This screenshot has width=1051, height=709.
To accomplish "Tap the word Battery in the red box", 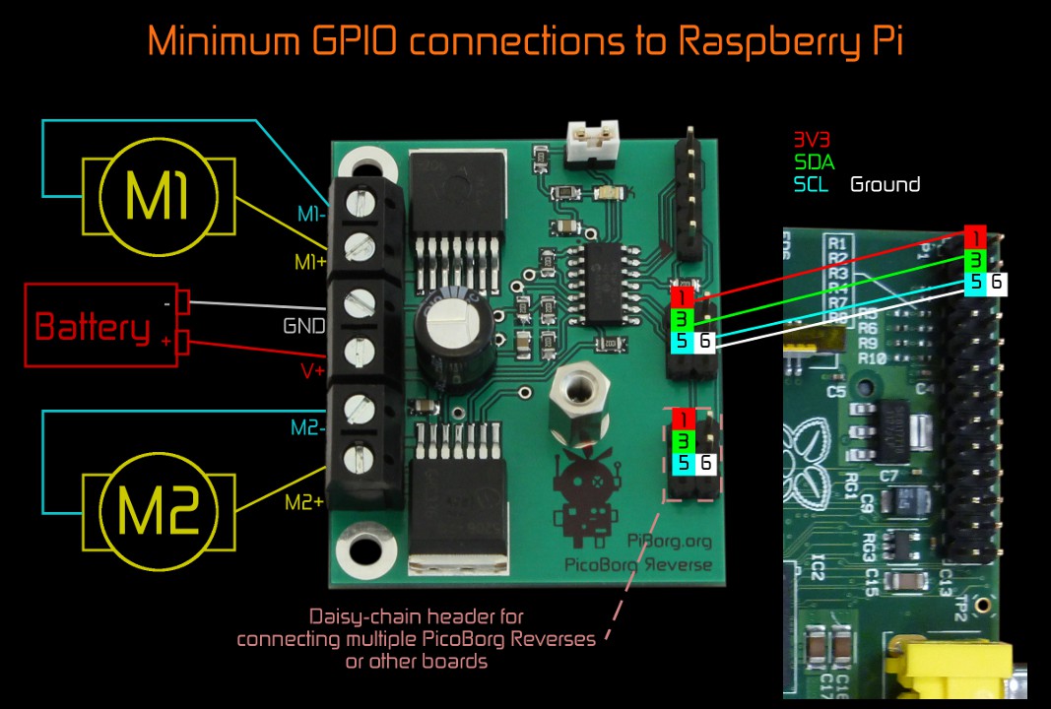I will pos(93,326).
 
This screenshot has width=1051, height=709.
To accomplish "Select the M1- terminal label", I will pos(313,214).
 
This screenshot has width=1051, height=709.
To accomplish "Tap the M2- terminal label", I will pos(307,428).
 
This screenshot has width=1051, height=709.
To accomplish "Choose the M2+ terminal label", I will pos(304,502).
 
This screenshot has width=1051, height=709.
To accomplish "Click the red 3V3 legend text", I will pos(812,140).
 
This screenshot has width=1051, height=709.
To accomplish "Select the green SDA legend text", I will pos(813,161).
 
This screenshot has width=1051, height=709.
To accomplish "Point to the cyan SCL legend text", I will pos(812,184).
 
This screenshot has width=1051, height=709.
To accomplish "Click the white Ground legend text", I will pos(885,184).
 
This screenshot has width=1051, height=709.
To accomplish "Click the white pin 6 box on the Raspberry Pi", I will pos(997,283).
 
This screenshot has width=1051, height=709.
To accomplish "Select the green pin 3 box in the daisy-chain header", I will pos(682,440).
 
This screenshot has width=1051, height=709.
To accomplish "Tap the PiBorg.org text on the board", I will pos(669,540).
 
